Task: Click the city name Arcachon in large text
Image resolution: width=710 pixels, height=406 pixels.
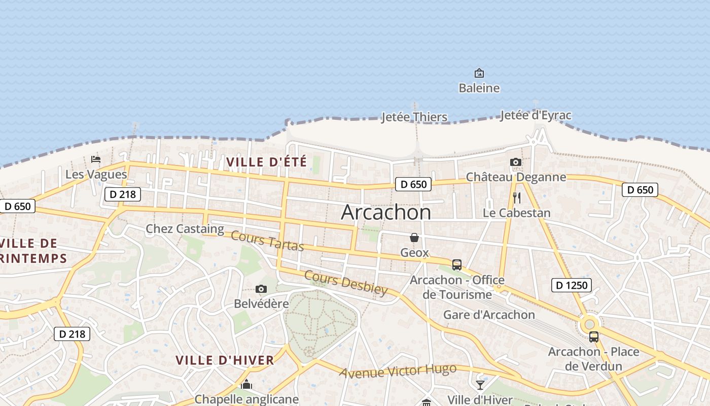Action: coord(386,212)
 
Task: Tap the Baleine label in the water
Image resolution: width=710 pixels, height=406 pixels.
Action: coord(479,88)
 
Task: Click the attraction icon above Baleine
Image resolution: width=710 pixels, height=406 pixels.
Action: coord(479,73)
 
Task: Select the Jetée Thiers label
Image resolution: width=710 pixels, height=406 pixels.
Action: coord(414,118)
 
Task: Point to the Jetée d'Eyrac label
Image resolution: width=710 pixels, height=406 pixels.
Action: coord(536,116)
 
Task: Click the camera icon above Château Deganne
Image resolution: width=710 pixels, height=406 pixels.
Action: coord(516,162)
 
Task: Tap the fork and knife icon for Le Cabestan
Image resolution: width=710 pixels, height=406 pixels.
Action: coord(517,198)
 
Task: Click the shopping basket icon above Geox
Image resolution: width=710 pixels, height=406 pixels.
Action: coord(414,238)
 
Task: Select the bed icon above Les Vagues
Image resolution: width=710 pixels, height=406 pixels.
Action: coord(96,159)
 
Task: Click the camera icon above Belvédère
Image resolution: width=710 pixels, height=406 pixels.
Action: coord(261,289)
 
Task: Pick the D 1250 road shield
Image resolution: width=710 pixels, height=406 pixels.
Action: coord(572,285)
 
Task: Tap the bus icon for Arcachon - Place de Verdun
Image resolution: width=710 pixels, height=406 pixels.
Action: coord(593,336)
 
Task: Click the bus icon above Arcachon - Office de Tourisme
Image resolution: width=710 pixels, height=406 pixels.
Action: coord(457,264)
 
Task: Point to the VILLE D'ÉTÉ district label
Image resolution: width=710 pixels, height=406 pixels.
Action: coord(266,162)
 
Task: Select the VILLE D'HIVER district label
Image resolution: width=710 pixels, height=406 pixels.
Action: coord(225,360)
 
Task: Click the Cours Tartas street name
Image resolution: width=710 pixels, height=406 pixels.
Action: coord(267,241)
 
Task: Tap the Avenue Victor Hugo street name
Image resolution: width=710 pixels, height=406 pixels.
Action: coord(398,371)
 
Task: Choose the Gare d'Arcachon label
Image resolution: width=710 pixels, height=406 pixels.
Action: coord(489,315)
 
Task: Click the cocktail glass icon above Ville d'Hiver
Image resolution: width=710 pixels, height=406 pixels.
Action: coord(480,385)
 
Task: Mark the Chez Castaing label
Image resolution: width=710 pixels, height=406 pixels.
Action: coord(185,229)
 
